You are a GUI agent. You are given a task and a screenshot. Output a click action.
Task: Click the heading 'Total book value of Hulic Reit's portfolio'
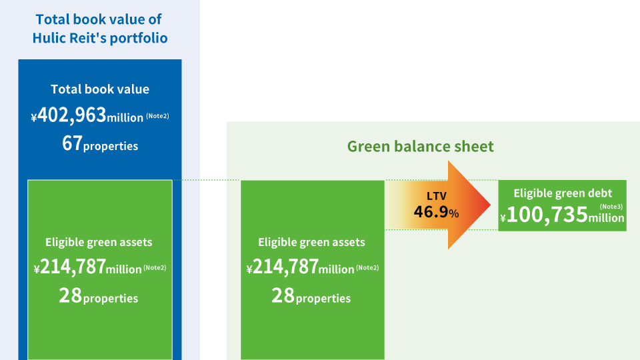100,29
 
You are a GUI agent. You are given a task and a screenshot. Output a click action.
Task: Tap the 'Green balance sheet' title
421,146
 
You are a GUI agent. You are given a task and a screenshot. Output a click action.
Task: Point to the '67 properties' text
100,144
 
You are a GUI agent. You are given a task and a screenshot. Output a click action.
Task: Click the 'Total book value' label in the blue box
100,89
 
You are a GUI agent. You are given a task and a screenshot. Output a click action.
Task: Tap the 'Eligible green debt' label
562,193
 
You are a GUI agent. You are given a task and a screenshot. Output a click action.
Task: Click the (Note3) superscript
611,206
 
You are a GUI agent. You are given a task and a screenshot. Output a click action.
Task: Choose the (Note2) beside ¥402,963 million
157,116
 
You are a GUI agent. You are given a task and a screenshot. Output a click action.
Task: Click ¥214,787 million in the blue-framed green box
88,268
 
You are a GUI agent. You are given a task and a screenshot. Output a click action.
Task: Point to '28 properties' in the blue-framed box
99,296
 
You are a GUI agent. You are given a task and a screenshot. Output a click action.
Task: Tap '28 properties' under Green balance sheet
311,296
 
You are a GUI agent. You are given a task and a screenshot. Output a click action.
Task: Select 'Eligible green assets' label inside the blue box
99,242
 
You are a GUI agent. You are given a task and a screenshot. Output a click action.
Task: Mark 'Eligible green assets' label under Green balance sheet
311,242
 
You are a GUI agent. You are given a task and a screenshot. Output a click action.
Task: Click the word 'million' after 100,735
606,218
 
